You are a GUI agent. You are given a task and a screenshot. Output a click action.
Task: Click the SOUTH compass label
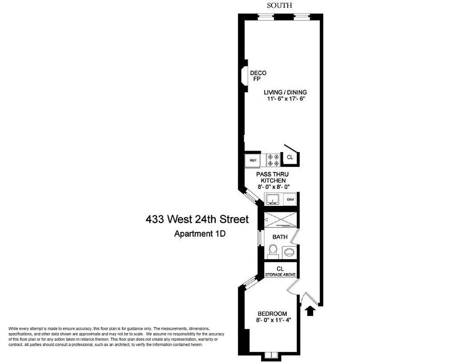pos(279,5)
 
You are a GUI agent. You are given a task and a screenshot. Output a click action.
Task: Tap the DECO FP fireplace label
pos(258,76)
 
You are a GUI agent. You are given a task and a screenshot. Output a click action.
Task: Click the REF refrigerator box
pos(253,160)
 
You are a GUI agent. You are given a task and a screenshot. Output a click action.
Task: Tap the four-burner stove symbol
pos(273,160)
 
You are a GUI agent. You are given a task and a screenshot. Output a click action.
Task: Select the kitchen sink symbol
pos(273,199)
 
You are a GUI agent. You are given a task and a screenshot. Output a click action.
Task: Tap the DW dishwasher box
pos(290,199)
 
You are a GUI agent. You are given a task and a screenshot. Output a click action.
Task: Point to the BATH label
pos(280,237)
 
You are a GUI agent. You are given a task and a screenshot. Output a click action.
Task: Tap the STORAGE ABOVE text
pos(280,274)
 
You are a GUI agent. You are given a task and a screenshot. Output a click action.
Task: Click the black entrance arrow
pos(311,310)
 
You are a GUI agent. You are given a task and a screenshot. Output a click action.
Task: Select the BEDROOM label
pos(272,314)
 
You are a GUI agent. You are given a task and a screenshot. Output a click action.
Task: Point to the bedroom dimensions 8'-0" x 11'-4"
pos(272,321)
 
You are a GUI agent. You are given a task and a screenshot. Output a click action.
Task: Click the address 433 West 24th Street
pos(197,220)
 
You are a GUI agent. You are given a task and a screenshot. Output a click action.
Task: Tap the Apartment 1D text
pos(200,234)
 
